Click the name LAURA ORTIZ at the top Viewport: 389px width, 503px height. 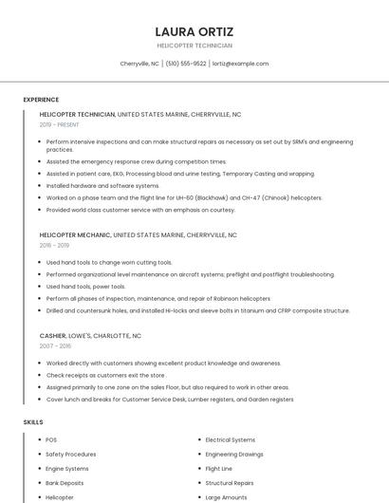point(194,30)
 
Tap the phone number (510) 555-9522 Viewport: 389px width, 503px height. point(186,64)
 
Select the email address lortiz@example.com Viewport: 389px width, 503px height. point(240,64)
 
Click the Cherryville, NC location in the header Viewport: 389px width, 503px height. point(139,64)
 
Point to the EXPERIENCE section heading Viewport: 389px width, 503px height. point(41,100)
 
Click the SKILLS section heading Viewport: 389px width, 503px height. point(33,421)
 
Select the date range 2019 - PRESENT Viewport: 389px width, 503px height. point(60,124)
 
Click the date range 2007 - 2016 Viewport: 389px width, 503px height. point(55,345)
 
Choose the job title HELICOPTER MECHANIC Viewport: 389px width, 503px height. point(75,234)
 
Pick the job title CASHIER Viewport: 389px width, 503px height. point(53,335)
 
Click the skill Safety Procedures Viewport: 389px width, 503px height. point(71,455)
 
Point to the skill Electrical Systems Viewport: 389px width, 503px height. point(231,440)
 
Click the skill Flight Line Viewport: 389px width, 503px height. point(219,469)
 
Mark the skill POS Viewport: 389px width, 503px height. point(51,440)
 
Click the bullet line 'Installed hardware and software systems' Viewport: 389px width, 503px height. point(102,185)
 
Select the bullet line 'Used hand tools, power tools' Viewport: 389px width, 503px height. point(85,287)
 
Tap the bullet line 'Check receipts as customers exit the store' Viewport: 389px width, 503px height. point(106,375)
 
